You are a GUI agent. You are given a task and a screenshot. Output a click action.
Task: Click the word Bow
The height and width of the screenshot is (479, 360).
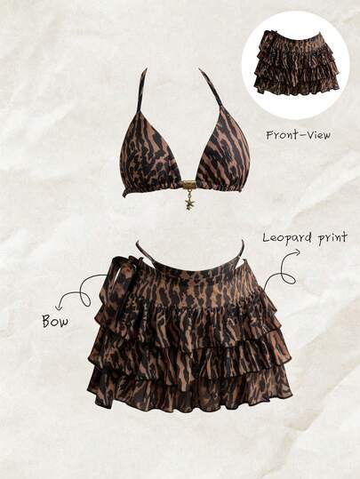tap(55, 321)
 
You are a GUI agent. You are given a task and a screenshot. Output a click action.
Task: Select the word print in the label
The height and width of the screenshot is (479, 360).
tap(332, 237)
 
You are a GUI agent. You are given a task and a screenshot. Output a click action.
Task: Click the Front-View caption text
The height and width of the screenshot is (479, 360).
tap(299, 135)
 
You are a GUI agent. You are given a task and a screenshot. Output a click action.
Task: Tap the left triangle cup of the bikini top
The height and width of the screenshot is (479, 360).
tap(155, 161)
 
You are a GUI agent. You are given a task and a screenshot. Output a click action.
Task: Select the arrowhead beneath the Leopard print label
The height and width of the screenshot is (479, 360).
tap(295, 251)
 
